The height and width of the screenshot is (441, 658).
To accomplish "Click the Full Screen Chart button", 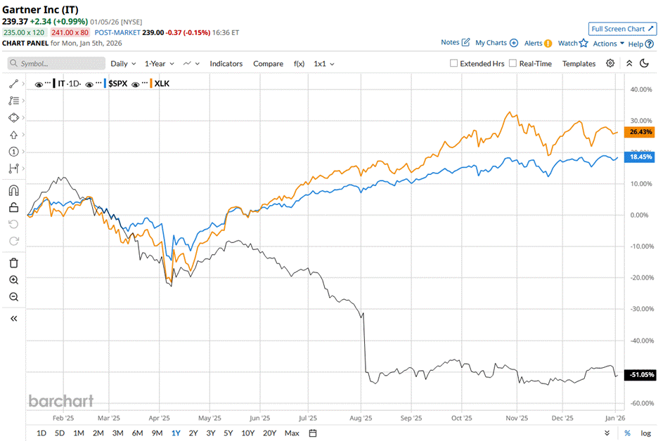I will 622,29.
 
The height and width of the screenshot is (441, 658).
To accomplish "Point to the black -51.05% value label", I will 641,375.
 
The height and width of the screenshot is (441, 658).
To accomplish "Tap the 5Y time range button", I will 228,433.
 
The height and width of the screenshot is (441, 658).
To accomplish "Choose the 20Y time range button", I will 269,433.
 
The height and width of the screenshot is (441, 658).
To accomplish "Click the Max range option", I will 292,433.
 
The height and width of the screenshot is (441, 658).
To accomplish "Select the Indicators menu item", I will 226,63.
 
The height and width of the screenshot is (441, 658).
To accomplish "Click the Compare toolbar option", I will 268,63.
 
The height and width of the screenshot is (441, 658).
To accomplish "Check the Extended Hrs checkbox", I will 454,63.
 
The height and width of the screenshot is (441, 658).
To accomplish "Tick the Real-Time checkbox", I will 512,63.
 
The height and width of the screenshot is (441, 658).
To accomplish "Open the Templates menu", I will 579,63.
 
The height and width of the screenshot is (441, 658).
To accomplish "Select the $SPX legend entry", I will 117,84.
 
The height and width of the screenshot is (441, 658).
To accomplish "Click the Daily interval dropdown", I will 123,63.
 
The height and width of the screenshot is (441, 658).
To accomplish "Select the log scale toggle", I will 645,433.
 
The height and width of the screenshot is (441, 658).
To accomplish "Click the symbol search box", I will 56,63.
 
